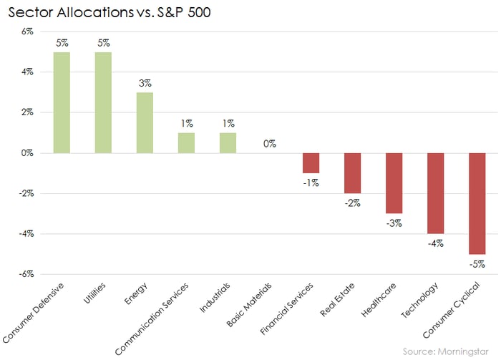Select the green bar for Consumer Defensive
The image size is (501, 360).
tap(62, 102)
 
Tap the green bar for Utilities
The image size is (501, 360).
tap(103, 102)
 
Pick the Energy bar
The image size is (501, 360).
tap(145, 122)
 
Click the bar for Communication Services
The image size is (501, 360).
tap(186, 142)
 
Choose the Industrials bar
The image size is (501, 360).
tap(228, 142)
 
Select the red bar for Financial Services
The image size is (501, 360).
tap(311, 162)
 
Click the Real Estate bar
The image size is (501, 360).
tap(352, 172)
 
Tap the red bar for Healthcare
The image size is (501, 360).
tap(394, 183)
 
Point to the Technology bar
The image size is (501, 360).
tap(435, 193)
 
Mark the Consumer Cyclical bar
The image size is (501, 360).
tap(477, 203)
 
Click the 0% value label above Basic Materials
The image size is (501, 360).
tap(269, 144)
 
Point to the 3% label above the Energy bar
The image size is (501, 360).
tap(145, 83)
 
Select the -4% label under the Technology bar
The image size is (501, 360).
tap(435, 243)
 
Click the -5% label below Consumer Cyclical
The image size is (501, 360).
tap(477, 263)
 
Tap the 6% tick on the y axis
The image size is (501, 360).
tap(27, 31)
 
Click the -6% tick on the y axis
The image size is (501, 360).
tap(26, 274)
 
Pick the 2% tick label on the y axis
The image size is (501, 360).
tap(27, 112)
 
